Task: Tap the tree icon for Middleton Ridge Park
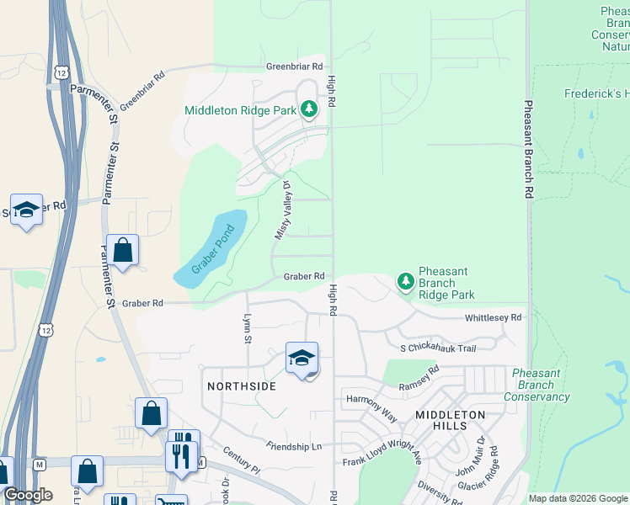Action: coord(310,109)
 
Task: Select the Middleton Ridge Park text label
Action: coord(240,110)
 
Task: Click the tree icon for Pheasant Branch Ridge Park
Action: coord(406,279)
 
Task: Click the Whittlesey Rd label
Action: coord(494,318)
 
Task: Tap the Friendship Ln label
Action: coord(294,445)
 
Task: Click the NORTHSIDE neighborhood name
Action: coord(241,385)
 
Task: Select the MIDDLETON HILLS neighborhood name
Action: coord(451,421)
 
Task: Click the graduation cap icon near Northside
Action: coord(302,359)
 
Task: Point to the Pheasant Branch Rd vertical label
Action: coord(528,150)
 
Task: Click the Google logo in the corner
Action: coord(28,495)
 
